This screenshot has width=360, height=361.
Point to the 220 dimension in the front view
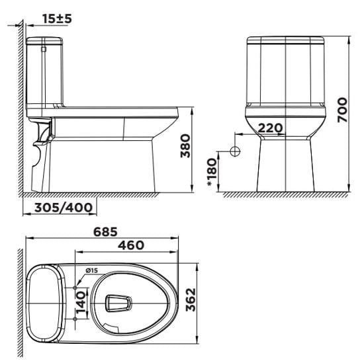(x=270, y=128)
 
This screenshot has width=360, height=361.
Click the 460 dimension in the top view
(x=130, y=245)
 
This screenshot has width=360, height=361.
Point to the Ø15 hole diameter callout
(x=91, y=270)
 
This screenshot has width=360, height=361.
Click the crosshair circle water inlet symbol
(x=234, y=151)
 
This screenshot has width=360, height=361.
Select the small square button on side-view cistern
(x=43, y=48)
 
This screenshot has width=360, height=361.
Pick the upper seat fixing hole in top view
(x=83, y=288)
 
